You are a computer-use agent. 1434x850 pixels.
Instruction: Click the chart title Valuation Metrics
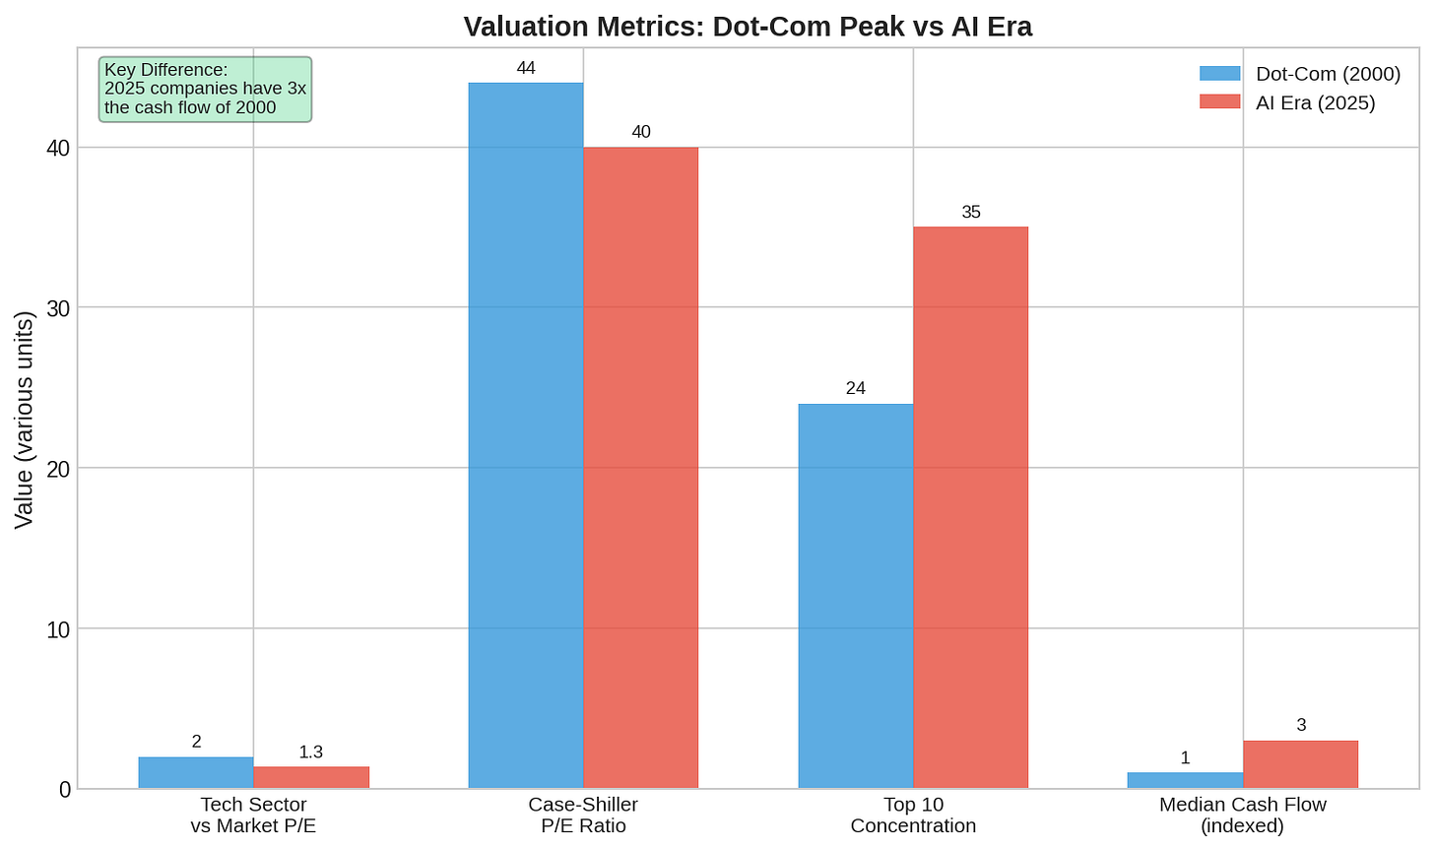click(748, 27)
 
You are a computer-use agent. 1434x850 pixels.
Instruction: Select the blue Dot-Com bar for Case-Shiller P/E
click(526, 435)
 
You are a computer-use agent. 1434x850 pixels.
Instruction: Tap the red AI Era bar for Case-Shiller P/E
click(641, 468)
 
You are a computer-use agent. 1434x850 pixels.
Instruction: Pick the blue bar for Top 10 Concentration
click(856, 596)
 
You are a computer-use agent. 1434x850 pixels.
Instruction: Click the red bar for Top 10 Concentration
click(970, 507)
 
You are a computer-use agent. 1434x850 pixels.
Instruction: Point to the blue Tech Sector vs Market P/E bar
click(196, 772)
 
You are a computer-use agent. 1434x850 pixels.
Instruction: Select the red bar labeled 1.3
click(311, 778)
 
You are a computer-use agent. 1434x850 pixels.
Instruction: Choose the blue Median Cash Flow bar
click(1186, 780)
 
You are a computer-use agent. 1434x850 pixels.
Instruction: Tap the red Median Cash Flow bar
click(1300, 764)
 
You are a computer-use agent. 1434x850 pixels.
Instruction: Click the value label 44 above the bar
click(526, 68)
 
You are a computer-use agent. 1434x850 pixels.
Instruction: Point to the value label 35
click(971, 212)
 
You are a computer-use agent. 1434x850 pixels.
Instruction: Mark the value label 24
click(856, 388)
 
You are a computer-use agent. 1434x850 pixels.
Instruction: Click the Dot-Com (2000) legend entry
click(1300, 74)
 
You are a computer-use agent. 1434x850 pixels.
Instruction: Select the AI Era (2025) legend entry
click(1287, 102)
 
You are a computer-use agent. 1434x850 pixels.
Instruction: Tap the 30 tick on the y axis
click(58, 308)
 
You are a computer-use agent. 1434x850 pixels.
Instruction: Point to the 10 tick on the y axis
click(58, 629)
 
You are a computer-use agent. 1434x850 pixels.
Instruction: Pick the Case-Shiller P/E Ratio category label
click(583, 815)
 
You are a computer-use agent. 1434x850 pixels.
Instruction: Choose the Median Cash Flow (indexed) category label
click(1243, 815)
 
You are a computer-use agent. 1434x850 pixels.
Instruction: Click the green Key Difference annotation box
click(206, 89)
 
